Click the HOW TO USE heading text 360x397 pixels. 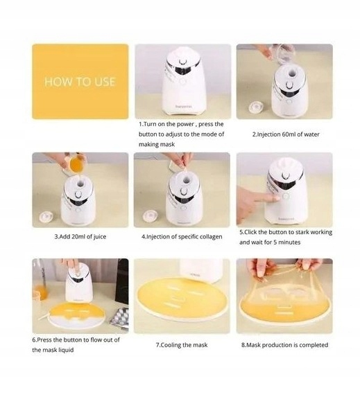pos(80,82)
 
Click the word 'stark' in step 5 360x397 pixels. pos(302,232)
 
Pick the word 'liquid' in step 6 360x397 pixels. pos(66,350)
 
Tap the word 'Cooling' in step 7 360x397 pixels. pos(171,345)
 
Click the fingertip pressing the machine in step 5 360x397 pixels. pos(276,198)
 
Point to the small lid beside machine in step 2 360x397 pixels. pos(255,107)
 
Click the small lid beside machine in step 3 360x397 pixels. pos(46,216)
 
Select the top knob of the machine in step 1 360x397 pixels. pos(182,62)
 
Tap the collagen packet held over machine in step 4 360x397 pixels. pos(185,165)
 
